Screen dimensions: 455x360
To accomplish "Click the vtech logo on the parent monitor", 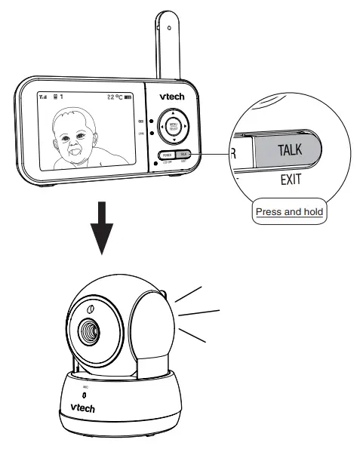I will pos(174,97).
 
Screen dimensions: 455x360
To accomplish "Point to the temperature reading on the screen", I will pos(113,97).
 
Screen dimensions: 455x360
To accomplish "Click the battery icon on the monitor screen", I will pos(129,97).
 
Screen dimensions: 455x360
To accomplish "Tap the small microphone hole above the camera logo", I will pos(84,395).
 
